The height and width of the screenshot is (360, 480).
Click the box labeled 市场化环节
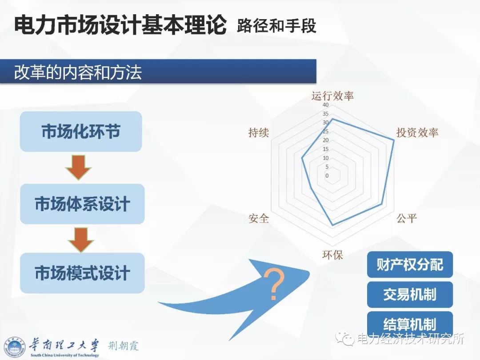point(81,131)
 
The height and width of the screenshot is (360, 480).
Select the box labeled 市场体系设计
point(82,204)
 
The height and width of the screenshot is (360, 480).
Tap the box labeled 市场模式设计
point(82,273)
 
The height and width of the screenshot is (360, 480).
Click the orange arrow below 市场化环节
point(78,168)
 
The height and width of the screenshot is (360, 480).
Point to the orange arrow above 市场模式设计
point(81,240)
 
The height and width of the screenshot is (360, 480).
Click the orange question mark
point(274,284)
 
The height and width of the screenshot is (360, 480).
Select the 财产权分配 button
point(410,264)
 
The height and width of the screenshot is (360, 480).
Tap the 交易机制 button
point(410,295)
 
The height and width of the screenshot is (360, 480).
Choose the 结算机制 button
point(410,323)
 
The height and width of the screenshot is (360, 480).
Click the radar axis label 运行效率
point(332,96)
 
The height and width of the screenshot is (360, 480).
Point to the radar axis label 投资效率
point(417,132)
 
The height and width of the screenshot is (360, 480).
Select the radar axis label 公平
point(407,218)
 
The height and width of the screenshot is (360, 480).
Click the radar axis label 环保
point(332,255)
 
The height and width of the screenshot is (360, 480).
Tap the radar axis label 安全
point(259,218)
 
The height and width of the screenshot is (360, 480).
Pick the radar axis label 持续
point(259,132)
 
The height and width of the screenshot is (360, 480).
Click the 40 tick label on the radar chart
point(325,105)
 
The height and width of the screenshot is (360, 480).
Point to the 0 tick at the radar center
point(327,176)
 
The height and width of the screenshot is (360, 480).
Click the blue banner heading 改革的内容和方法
point(78,72)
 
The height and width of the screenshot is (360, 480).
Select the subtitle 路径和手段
point(276,25)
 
